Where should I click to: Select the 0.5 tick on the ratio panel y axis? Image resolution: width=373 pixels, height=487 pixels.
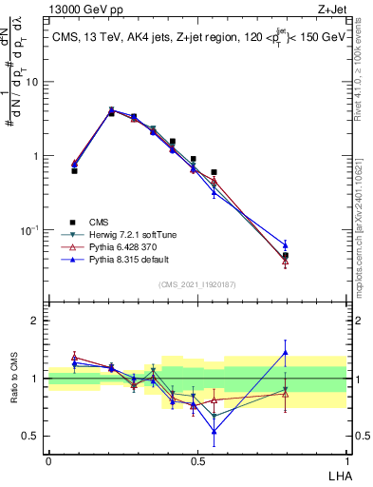click(31, 436)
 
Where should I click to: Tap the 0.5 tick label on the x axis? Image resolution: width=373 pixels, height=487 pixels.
click(196, 460)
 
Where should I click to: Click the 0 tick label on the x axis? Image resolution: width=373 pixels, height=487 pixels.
click(48, 460)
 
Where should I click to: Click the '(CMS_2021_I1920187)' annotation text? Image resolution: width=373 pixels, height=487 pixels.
click(196, 284)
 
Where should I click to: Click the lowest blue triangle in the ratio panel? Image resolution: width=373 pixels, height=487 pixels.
click(214, 431)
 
